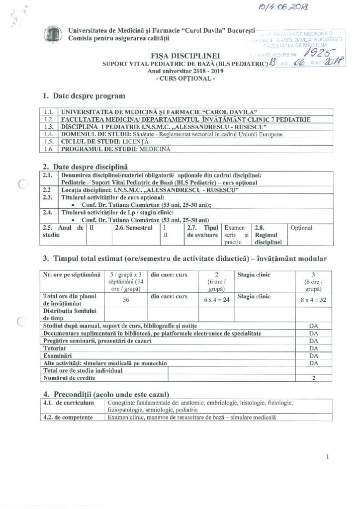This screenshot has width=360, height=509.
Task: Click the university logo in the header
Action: (x=50, y=33)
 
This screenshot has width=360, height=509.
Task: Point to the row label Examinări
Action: (x=58, y=356)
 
